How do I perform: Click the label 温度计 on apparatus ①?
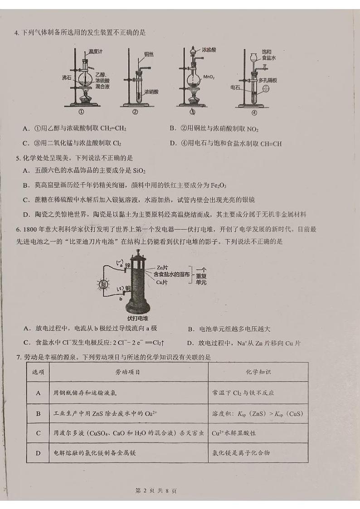point(95,52)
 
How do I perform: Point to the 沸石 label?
point(67,78)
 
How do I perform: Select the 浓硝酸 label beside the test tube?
point(151,92)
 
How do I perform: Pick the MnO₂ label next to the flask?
point(209,77)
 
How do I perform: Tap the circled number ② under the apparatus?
point(135,112)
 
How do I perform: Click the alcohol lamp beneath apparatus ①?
point(85,97)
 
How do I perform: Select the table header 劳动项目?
point(128,372)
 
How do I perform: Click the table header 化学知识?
point(257,372)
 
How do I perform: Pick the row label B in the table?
point(39,413)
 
